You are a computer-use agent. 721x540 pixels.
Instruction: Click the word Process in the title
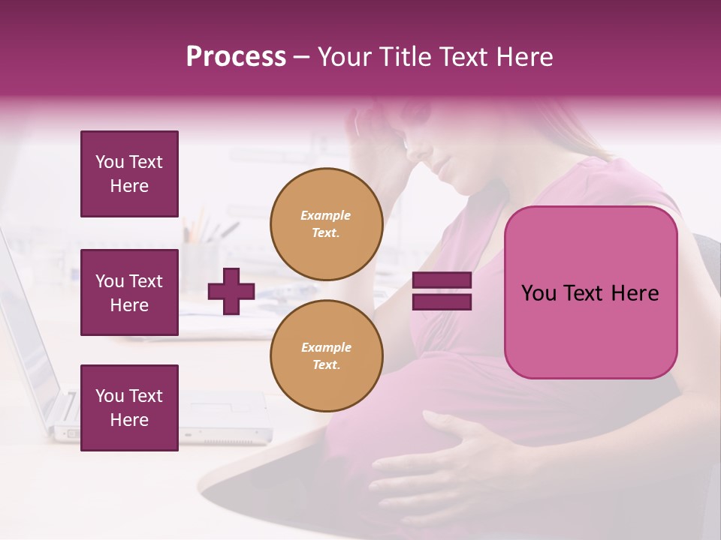(x=236, y=57)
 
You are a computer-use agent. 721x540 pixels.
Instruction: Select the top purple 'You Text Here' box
(x=129, y=174)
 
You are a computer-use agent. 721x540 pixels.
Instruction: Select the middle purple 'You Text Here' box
(x=129, y=292)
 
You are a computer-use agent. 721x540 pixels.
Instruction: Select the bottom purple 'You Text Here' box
(x=129, y=408)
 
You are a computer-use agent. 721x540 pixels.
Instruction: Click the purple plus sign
(x=231, y=292)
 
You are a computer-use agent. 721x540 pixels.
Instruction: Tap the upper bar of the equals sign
(x=442, y=280)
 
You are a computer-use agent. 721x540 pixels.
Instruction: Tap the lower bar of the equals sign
(x=442, y=301)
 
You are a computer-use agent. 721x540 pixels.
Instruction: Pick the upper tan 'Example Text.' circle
(x=326, y=223)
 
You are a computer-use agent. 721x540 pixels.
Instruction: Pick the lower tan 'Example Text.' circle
(x=326, y=355)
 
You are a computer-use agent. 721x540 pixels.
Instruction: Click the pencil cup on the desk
(x=200, y=262)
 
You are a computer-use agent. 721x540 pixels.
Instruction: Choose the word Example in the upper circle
(x=326, y=215)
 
